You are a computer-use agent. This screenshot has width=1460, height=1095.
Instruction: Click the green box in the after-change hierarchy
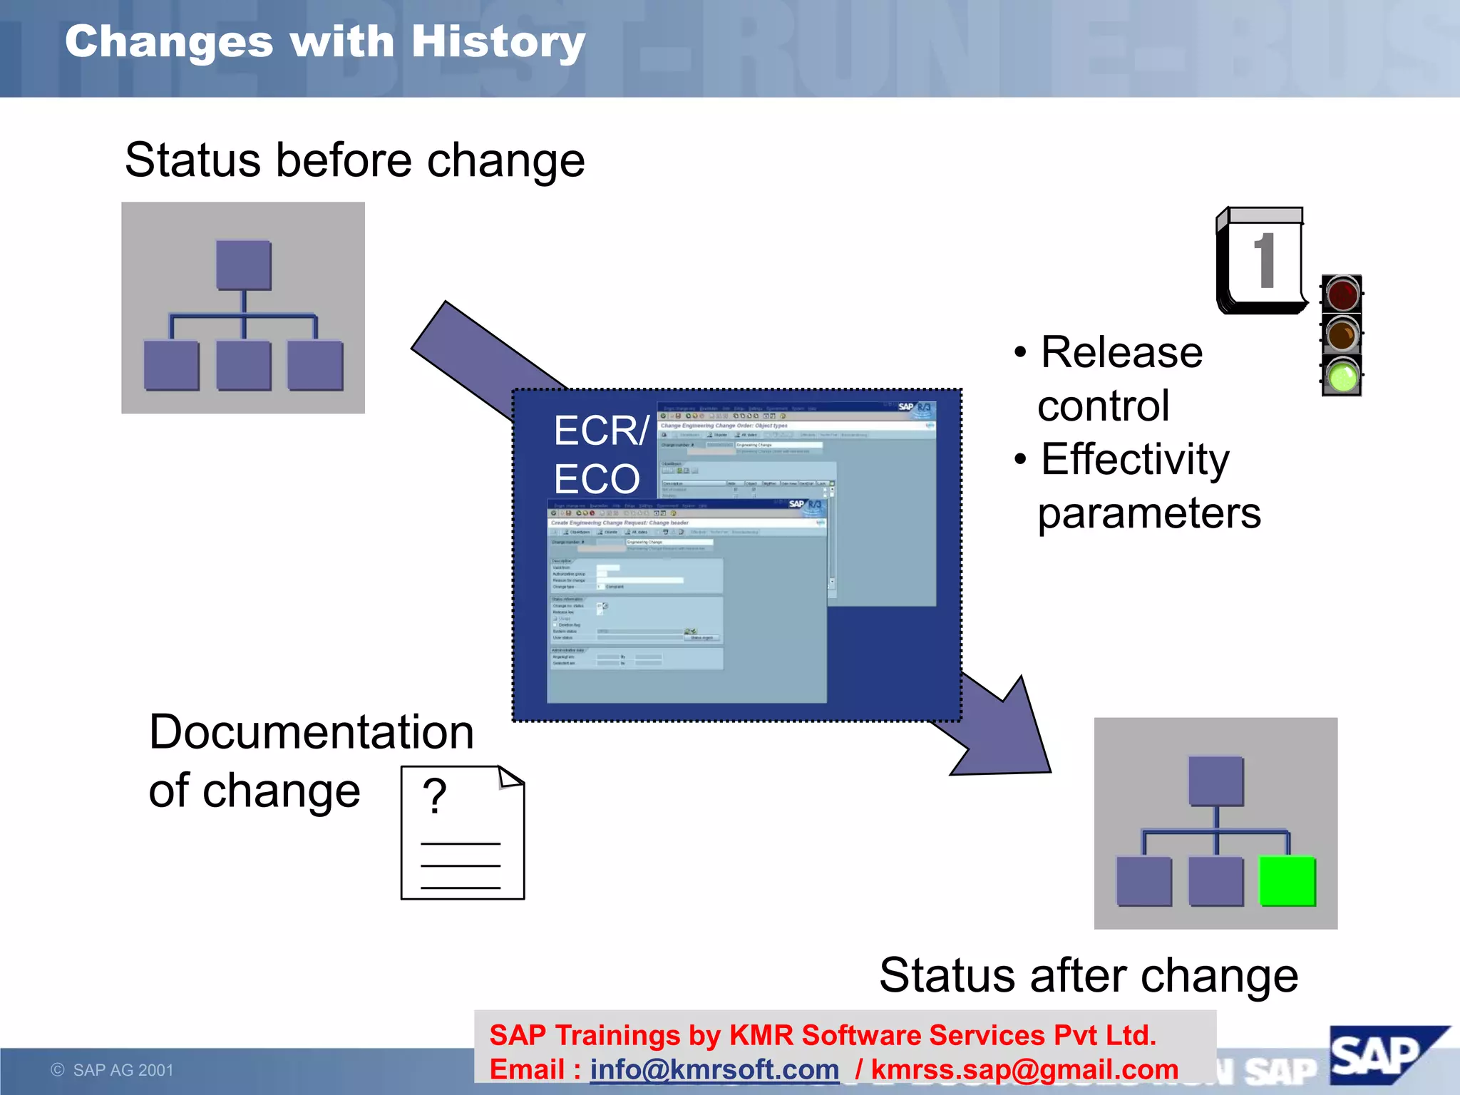point(1287,881)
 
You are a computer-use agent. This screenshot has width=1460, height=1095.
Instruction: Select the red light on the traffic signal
point(1342,294)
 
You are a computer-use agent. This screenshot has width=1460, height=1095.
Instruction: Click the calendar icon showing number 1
point(1261,261)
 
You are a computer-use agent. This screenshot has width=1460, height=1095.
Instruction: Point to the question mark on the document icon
point(434,796)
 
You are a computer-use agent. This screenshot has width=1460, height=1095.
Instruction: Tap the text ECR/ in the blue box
point(601,431)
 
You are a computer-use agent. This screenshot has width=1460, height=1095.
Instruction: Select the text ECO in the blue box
point(597,479)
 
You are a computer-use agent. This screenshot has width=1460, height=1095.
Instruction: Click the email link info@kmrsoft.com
point(714,1069)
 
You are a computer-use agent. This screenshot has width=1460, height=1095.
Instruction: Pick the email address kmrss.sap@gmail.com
point(1024,1069)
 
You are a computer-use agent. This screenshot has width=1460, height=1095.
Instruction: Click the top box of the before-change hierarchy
point(244,265)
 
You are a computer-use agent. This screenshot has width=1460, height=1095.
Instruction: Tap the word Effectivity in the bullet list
point(1135,459)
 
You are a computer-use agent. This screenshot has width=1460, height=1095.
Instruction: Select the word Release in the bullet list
point(1121,352)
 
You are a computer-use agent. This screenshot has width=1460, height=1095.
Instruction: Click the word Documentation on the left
point(312,732)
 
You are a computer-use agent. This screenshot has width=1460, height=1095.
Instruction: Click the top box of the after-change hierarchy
point(1216,781)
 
